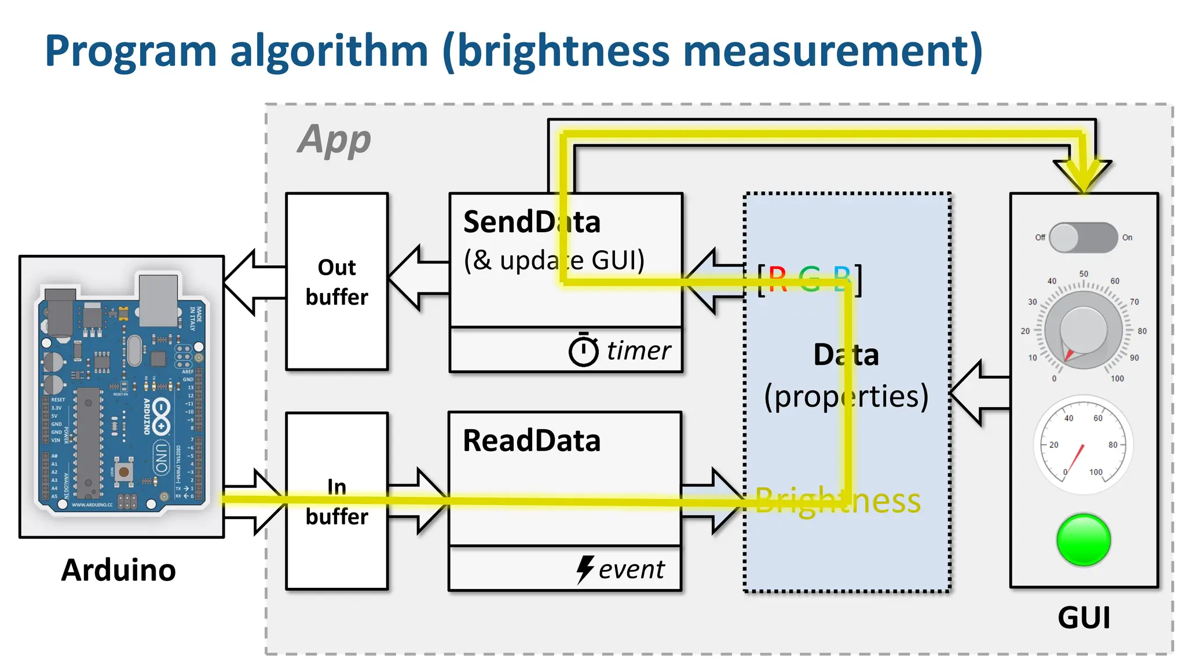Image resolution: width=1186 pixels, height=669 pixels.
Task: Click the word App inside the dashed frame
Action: tap(334, 140)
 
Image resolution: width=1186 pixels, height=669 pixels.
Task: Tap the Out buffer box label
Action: tap(336, 282)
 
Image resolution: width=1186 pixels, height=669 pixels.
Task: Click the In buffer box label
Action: tap(336, 502)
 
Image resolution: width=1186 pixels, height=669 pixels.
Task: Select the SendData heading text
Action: tap(532, 222)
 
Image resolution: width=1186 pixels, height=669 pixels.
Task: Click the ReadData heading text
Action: tap(532, 441)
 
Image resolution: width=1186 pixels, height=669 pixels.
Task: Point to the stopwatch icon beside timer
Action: tap(583, 350)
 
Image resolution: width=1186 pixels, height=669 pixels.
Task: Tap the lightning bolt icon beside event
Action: tap(585, 569)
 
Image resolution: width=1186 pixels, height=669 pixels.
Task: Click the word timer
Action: tap(638, 350)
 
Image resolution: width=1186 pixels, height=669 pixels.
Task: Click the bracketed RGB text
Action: tap(810, 280)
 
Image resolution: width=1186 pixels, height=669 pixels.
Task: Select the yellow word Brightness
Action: tap(837, 501)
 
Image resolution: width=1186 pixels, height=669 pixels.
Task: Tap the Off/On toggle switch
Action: tap(1083, 237)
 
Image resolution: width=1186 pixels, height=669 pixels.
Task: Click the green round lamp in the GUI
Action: tap(1083, 540)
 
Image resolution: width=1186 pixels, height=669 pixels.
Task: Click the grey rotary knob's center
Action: tap(1083, 331)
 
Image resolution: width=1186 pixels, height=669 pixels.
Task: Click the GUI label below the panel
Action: tap(1083, 617)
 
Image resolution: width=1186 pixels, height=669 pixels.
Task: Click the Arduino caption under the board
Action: tap(119, 570)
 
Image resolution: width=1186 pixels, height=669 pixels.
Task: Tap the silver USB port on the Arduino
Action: tap(158, 300)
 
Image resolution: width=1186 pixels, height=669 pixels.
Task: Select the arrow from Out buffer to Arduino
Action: tap(253, 282)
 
